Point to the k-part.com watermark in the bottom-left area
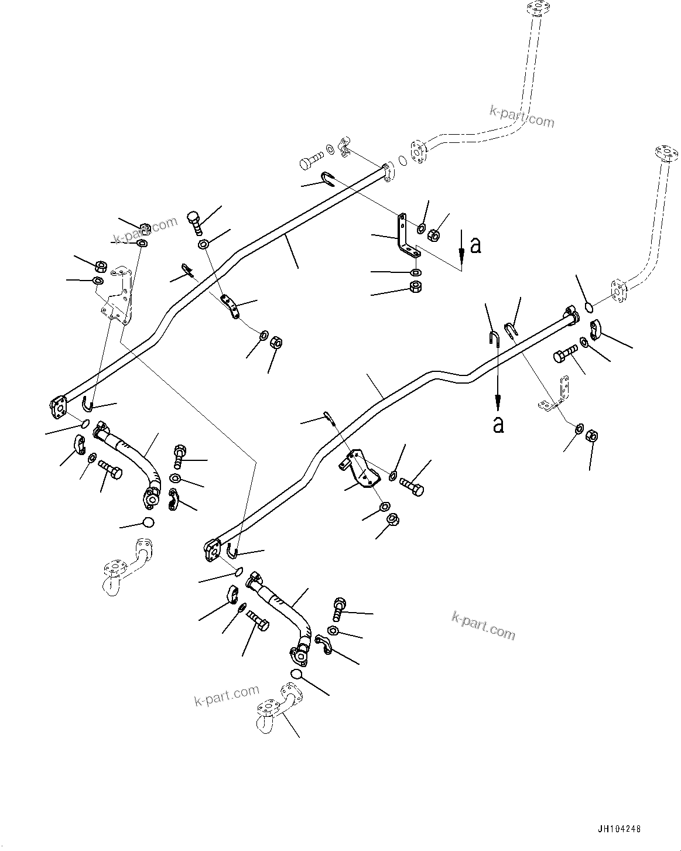tap(227, 696)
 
